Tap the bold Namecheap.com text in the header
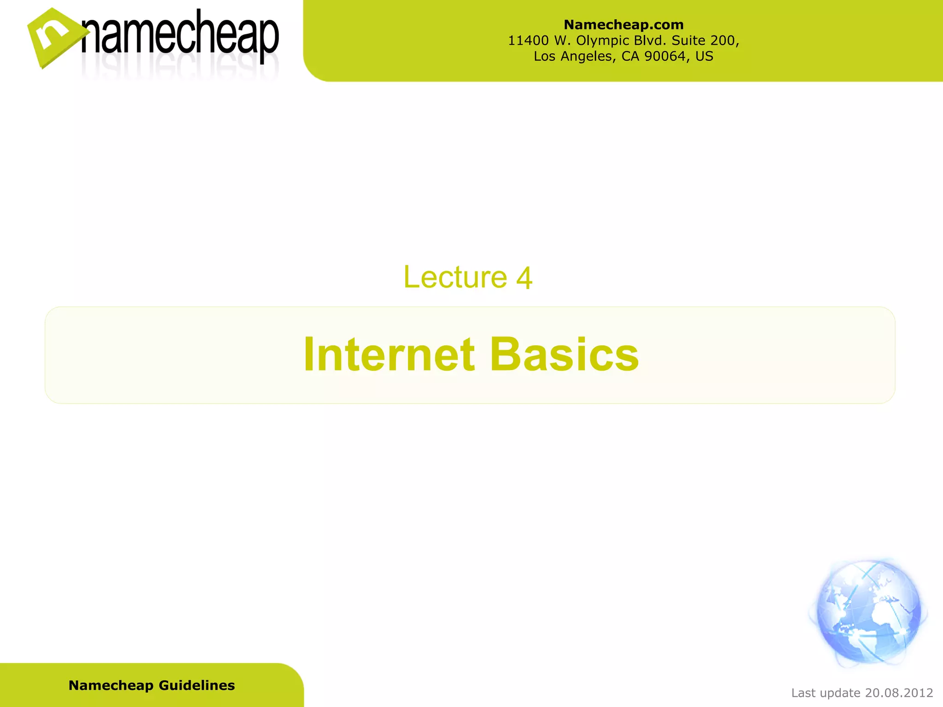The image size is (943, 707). pos(623,24)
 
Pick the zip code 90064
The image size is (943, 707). pos(665,56)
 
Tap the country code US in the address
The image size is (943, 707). pos(704,56)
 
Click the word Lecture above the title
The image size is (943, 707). pos(455,277)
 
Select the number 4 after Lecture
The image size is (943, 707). pos(524,278)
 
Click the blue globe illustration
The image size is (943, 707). pos(868,612)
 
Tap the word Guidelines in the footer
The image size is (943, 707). pos(197,685)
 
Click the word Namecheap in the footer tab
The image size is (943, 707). pos(111,685)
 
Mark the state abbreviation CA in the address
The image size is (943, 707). pos(631,56)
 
